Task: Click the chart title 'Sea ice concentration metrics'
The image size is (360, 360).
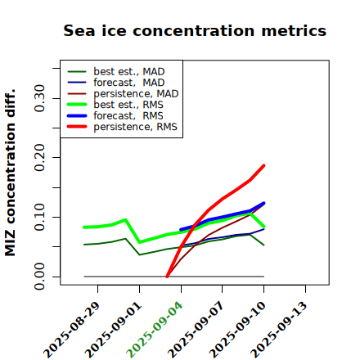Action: click(195, 31)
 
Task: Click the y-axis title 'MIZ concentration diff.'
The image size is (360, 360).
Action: click(10, 173)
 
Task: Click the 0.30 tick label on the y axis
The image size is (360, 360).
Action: click(40, 98)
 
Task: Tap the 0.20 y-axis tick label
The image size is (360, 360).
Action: click(40, 158)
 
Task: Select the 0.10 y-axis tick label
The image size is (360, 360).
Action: click(40, 217)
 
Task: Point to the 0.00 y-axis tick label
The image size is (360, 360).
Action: click(40, 277)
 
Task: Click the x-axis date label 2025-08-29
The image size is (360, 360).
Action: click(71, 330)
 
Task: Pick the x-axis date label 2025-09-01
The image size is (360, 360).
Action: click(113, 330)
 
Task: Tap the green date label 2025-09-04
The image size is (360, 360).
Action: click(155, 330)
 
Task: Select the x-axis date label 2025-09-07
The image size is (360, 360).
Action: click(196, 330)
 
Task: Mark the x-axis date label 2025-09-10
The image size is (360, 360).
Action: click(237, 330)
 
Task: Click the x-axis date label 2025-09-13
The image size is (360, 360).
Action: click(279, 330)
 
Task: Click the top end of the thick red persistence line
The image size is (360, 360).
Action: click(264, 165)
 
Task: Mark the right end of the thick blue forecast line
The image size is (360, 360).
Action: click(264, 203)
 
